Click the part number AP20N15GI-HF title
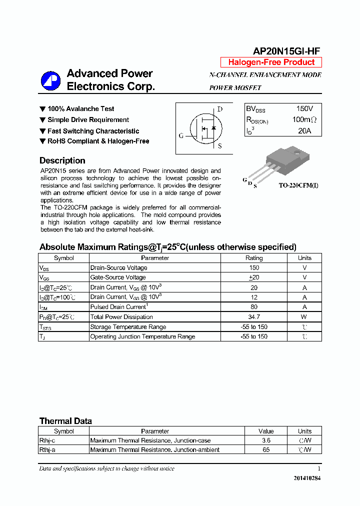[286, 50]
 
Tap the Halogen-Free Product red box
[271, 62]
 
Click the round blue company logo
[50, 80]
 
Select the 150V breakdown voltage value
[304, 108]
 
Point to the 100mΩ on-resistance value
[304, 120]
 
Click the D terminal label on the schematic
[219, 109]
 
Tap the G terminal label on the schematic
[181, 135]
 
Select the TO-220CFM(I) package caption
[298, 185]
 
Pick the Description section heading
[62, 160]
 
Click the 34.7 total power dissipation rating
[253, 316]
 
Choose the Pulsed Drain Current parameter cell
[118, 306]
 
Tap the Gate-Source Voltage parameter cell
[118, 277]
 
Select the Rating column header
[253, 258]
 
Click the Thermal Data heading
[65, 421]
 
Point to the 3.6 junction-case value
[266, 440]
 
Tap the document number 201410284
[307, 478]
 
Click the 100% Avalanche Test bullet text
[80, 108]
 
